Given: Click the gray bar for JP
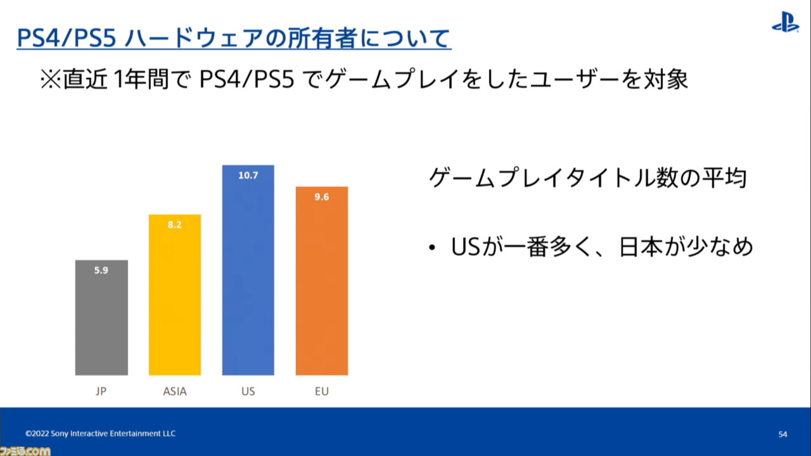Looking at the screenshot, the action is click(101, 317).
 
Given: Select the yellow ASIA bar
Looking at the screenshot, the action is click(175, 294).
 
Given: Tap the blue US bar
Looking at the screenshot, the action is click(248, 270).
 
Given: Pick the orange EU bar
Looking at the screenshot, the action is click(322, 281).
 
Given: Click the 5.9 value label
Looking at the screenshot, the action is click(101, 270).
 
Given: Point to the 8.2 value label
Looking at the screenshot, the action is click(174, 225).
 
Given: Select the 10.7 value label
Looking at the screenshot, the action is click(248, 175).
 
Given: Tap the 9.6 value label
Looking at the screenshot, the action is click(321, 197).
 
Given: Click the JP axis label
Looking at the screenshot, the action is click(101, 391).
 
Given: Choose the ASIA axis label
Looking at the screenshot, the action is click(175, 391).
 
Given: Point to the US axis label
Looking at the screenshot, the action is click(248, 391).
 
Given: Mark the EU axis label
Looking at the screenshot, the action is click(322, 391).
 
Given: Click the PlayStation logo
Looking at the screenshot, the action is click(785, 22).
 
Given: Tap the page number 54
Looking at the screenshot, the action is click(782, 434).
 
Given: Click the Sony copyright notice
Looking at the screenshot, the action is click(100, 434).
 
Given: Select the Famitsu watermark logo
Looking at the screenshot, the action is click(25, 451).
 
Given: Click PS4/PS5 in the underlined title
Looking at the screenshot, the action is click(67, 38).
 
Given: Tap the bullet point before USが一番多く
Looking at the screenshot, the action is click(432, 248).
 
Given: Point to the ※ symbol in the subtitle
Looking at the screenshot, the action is click(50, 80).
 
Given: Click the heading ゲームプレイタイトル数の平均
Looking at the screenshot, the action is click(587, 178).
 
